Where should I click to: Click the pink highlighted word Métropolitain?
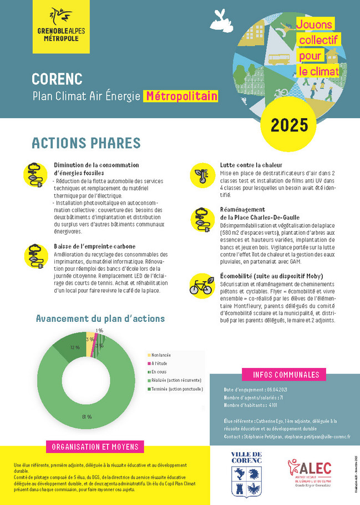pos(181,96)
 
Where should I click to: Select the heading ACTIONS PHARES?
pos(86,143)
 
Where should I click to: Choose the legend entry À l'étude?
pos(160,363)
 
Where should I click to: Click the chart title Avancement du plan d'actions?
pos(100,319)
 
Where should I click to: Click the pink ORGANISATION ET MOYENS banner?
pos(95,447)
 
